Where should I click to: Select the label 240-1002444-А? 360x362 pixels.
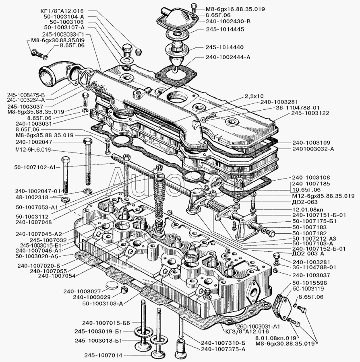click(228, 57)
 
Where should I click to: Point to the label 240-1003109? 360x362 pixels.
click(311, 143)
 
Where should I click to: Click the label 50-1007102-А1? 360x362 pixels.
click(35, 167)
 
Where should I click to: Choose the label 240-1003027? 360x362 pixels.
click(82, 291)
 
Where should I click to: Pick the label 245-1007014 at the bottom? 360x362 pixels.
click(103, 355)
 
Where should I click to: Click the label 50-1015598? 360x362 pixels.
click(310, 283)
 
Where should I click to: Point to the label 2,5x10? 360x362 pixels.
click(254, 96)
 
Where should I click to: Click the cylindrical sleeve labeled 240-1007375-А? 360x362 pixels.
click(181, 346)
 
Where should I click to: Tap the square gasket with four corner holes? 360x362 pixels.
click(176, 75)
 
